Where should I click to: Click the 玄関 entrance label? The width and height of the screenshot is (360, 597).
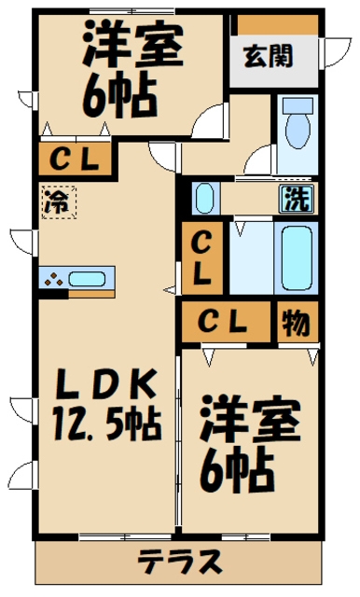pos(269,56)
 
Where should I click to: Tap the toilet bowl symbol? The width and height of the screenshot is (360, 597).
pos(298,122)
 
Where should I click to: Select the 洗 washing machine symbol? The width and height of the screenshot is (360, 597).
pos(298,199)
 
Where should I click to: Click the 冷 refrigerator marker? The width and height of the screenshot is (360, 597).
pos(60,202)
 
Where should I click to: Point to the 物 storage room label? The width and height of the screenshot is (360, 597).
pos(296,322)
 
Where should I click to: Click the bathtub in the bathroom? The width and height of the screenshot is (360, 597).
pos(297,258)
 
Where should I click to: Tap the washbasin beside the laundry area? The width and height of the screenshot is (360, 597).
pos(205,199)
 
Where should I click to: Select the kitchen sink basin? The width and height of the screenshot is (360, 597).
pos(87,279)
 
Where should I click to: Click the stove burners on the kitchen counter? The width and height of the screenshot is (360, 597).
pos(54,280)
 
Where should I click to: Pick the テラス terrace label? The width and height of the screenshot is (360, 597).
pos(180,562)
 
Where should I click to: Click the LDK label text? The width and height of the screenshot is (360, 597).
pos(106,384)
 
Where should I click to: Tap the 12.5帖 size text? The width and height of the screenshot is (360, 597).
pos(107,423)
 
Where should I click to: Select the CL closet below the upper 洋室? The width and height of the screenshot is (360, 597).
pos(75,159)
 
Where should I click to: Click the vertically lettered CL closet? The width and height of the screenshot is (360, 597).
pos(202,258)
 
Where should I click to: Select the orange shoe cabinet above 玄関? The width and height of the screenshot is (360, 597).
pos(278,24)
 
